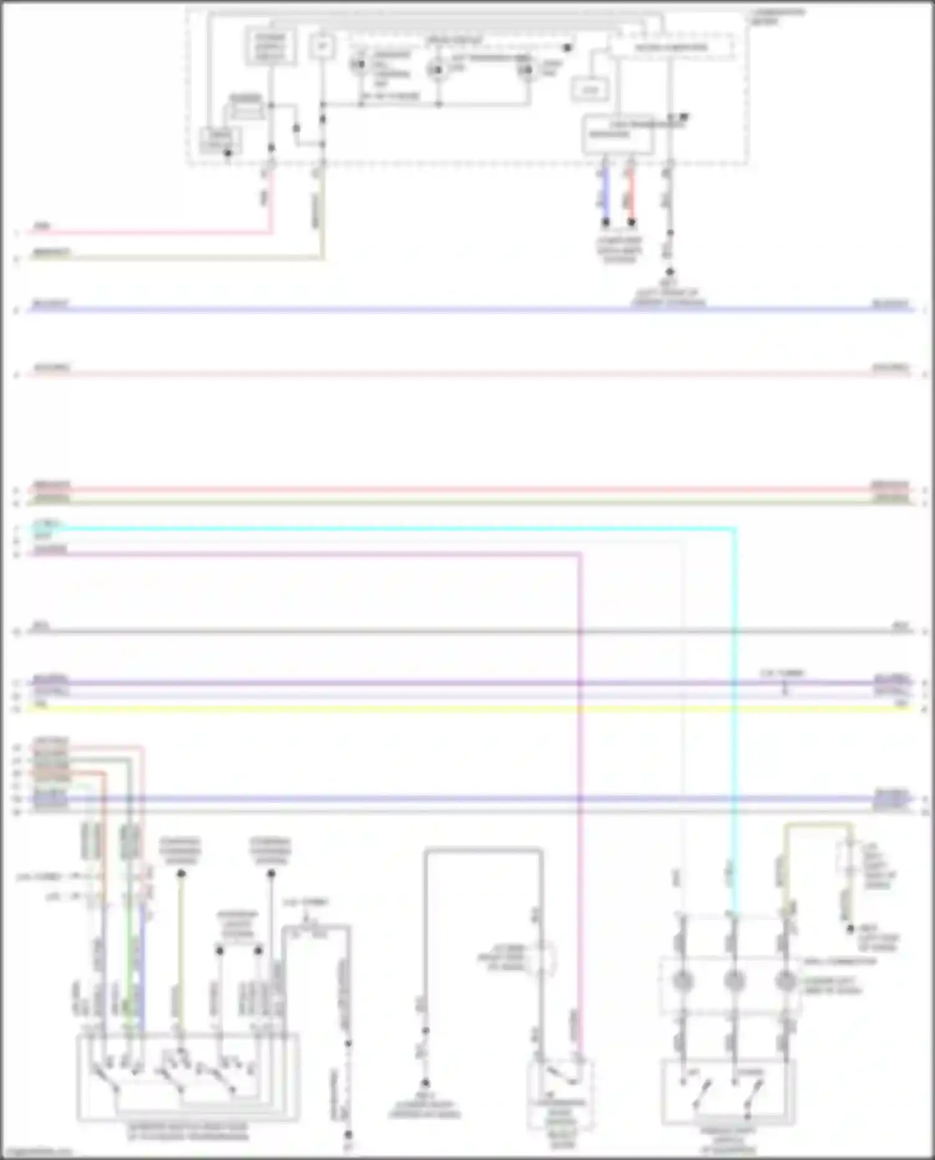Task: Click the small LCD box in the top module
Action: click(590, 90)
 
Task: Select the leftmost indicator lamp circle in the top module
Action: click(359, 65)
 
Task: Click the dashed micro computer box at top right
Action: click(671, 48)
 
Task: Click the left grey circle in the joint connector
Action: click(683, 980)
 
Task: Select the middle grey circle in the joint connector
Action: click(734, 980)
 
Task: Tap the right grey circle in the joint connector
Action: click(785, 980)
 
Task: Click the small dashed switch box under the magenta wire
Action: click(560, 1094)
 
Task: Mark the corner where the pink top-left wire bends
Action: click(271, 232)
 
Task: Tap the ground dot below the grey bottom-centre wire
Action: click(425, 1083)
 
